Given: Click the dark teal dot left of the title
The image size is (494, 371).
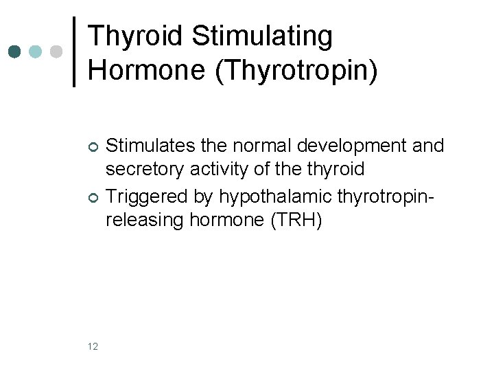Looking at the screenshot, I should point(14,52).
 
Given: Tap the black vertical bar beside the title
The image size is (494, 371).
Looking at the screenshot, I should point(74,52).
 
